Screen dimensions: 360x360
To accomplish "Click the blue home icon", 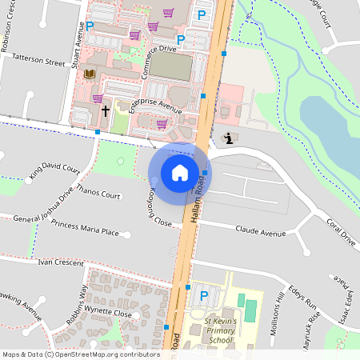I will [x=180, y=172].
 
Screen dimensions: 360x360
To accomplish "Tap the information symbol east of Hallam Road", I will [x=230, y=138].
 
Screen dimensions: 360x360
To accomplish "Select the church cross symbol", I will [x=105, y=110].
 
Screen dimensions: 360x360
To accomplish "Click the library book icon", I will [x=90, y=74].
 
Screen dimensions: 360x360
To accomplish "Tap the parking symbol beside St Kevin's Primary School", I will [x=204, y=296].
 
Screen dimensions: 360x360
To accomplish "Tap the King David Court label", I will [x=55, y=171].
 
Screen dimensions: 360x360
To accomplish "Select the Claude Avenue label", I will [x=261, y=234].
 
